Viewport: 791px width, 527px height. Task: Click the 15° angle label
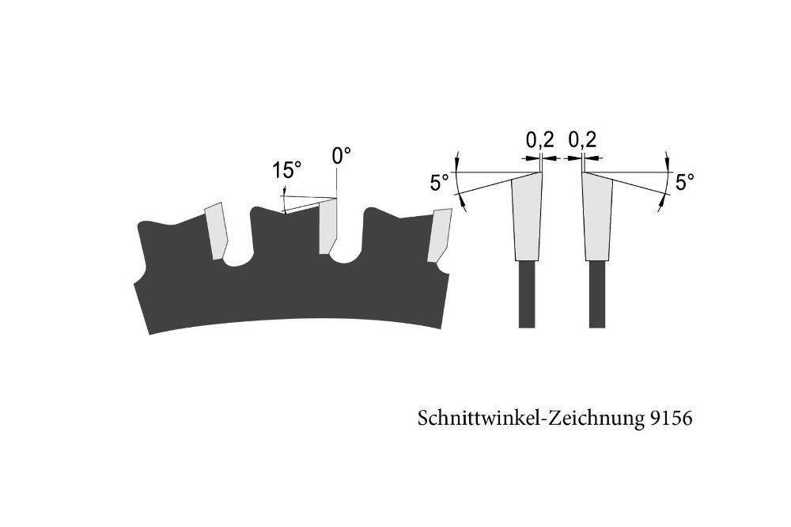(287, 170)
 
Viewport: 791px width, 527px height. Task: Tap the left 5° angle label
(440, 182)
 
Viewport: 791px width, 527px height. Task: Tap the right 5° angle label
(684, 182)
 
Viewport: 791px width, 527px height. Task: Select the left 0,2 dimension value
(540, 140)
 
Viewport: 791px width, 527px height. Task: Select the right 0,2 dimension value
(583, 140)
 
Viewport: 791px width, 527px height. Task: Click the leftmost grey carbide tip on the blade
(217, 231)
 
